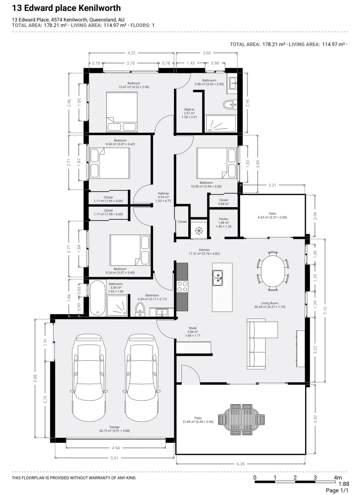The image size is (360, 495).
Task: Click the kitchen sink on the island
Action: coord(218,276)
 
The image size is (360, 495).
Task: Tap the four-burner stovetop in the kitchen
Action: coord(182,286)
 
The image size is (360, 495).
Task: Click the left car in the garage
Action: coord(90,377)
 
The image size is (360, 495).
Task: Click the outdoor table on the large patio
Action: coord(241,418)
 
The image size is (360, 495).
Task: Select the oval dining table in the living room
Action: coord(273,270)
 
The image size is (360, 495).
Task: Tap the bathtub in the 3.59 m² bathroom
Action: coord(97,298)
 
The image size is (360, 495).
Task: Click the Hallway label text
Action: coord(163,193)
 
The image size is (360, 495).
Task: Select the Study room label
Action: coord(193,328)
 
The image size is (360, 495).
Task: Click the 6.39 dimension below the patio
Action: coord(241,464)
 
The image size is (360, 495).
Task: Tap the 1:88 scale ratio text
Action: coord(344,484)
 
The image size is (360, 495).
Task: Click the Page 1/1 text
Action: coord(338,490)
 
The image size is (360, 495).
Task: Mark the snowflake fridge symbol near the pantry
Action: coord(198,231)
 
